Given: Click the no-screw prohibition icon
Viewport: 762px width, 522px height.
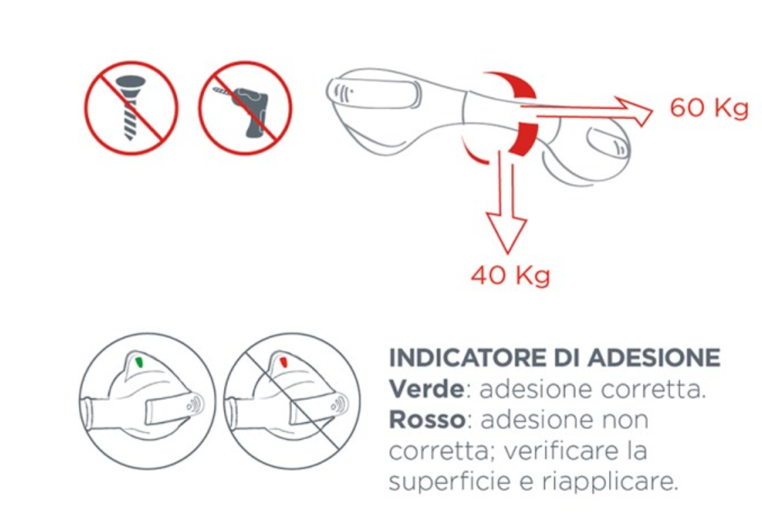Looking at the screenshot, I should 131,108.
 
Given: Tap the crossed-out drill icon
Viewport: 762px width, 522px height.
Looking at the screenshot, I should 245,108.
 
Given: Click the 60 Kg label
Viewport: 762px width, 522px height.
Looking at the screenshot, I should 709,109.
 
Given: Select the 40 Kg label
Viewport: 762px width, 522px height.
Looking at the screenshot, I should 510,276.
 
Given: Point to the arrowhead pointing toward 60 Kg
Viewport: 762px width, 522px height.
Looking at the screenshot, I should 637,111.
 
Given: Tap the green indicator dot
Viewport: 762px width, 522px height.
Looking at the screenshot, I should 140,362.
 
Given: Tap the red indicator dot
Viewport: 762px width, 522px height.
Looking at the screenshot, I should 284,362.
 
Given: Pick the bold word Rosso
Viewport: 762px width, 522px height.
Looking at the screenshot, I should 428,419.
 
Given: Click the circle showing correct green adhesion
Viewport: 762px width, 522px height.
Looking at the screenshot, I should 147,401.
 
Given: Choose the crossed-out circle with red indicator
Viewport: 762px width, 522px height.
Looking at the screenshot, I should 291,401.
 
